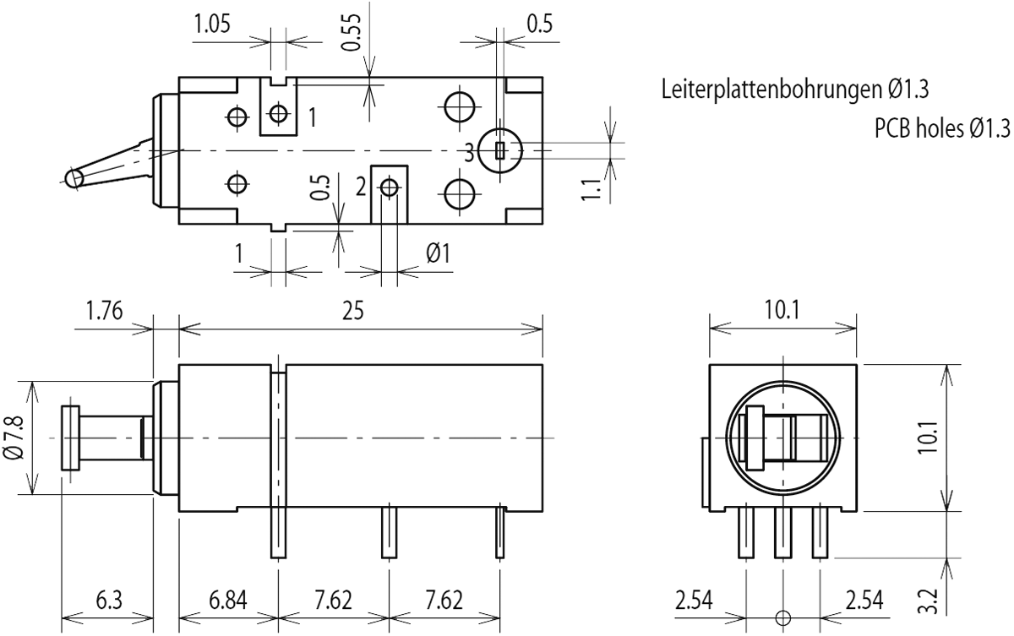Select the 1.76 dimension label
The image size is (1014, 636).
click(105, 310)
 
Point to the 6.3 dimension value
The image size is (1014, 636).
click(108, 601)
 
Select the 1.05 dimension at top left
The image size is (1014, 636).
click(212, 24)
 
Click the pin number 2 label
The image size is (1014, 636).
click(360, 187)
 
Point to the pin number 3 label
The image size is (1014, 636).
click(469, 152)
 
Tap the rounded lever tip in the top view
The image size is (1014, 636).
click(74, 178)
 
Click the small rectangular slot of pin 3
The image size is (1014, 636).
click(500, 151)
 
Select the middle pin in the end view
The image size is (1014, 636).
click(782, 531)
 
